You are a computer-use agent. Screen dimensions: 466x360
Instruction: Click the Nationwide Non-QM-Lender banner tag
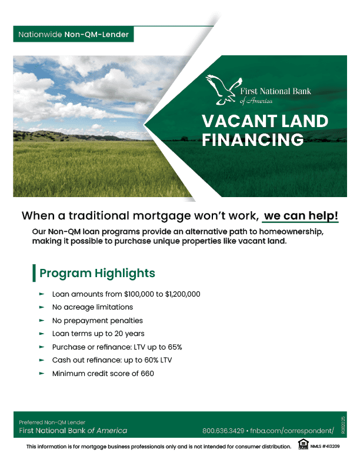[74, 35]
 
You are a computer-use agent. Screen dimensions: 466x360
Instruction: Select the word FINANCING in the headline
[252, 139]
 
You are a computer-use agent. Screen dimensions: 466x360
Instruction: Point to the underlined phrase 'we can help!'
[301, 215]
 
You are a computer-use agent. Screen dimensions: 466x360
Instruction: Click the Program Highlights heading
[97, 273]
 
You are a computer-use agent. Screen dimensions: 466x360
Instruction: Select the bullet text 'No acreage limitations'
[92, 307]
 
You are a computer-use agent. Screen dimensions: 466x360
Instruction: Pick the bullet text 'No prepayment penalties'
[98, 321]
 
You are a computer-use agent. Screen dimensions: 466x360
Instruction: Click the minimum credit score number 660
[147, 374]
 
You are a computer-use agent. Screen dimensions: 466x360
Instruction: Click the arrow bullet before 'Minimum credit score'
[41, 374]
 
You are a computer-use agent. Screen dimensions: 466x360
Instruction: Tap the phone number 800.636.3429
[223, 431]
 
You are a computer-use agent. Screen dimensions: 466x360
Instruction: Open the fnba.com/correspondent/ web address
[291, 431]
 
